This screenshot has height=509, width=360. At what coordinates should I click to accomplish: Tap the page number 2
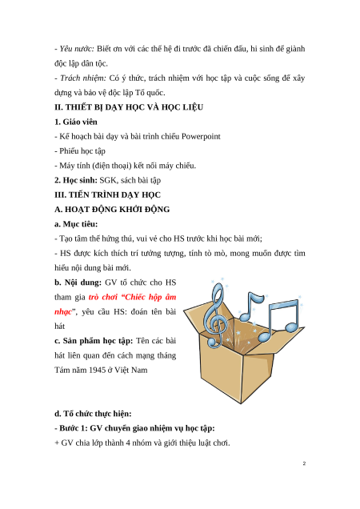click(x=304, y=463)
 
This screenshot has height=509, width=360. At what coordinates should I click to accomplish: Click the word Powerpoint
click(x=201, y=136)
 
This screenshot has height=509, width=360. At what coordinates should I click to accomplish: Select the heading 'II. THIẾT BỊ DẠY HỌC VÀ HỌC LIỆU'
click(x=129, y=107)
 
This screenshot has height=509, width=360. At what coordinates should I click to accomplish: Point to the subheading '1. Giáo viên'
click(x=76, y=122)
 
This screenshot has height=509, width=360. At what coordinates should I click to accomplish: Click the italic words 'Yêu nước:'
click(x=77, y=49)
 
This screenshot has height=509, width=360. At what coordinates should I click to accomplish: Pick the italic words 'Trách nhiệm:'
click(x=83, y=78)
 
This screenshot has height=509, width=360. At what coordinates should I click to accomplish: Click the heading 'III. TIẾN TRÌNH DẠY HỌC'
click(x=107, y=194)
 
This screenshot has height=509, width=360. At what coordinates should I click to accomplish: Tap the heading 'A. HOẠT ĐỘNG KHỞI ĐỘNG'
click(x=112, y=210)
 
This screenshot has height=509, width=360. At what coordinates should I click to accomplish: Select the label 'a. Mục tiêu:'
click(x=76, y=224)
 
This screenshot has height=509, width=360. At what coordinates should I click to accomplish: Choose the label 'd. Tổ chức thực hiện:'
click(x=93, y=414)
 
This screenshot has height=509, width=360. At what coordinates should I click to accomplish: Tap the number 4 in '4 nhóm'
click(x=128, y=443)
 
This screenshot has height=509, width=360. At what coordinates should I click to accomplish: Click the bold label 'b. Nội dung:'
click(x=78, y=283)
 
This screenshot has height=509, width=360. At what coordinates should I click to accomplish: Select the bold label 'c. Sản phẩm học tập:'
click(x=94, y=341)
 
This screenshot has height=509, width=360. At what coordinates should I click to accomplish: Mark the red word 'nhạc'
click(x=63, y=312)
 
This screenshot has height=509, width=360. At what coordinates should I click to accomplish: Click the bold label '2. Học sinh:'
click(x=76, y=180)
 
